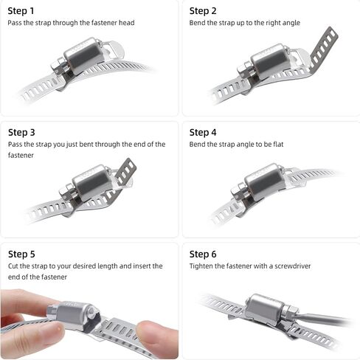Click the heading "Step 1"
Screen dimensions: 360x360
tap(21, 11)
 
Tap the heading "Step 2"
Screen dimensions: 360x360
tap(203, 11)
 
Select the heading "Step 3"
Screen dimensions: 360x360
tap(21, 132)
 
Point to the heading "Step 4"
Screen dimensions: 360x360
tap(203, 132)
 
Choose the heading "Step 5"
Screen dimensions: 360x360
tap(21, 254)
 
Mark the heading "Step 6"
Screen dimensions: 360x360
tap(203, 254)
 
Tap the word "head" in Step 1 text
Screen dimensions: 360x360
tap(127, 23)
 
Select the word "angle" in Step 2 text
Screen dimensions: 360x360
tap(291, 23)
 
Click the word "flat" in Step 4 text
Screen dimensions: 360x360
tap(278, 144)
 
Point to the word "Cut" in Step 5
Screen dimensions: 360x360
tap(13, 266)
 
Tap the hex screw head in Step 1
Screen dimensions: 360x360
tap(58, 65)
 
